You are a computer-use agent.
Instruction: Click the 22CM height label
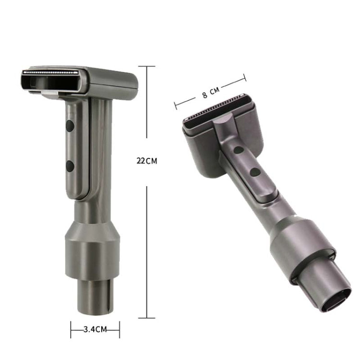click(146, 161)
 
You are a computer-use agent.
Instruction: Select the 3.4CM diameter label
click(95, 330)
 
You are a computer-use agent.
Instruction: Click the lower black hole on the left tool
click(70, 167)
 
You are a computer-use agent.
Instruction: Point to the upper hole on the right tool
click(238, 150)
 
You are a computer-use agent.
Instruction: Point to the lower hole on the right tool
click(256, 171)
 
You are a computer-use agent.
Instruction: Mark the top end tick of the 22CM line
click(147, 66)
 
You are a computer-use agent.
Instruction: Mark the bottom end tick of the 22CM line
click(147, 317)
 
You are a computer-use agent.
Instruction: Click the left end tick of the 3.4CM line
click(71, 330)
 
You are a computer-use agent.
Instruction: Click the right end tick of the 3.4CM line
click(119, 330)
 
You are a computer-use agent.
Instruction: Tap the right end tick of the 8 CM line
click(245, 77)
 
